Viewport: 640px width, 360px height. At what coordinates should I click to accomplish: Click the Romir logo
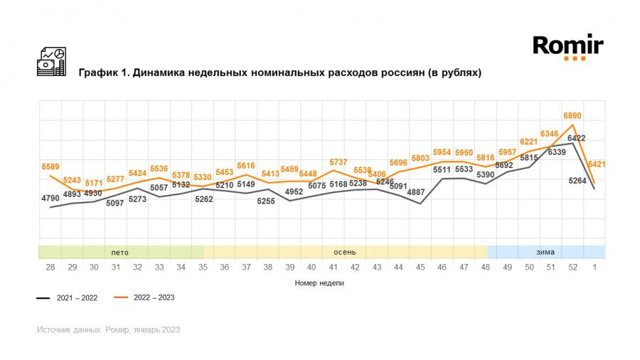point(567,48)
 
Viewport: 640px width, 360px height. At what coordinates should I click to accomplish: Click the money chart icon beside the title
point(50,62)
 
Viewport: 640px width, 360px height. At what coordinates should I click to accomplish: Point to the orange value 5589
point(50,166)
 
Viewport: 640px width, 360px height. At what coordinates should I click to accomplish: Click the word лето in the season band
point(119,252)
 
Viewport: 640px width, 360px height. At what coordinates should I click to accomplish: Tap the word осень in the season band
point(345,252)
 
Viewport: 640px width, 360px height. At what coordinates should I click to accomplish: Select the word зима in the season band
point(545,252)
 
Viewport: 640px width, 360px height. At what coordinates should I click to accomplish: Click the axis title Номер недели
point(319,282)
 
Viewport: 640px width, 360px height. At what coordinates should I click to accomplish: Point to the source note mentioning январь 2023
point(108,329)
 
